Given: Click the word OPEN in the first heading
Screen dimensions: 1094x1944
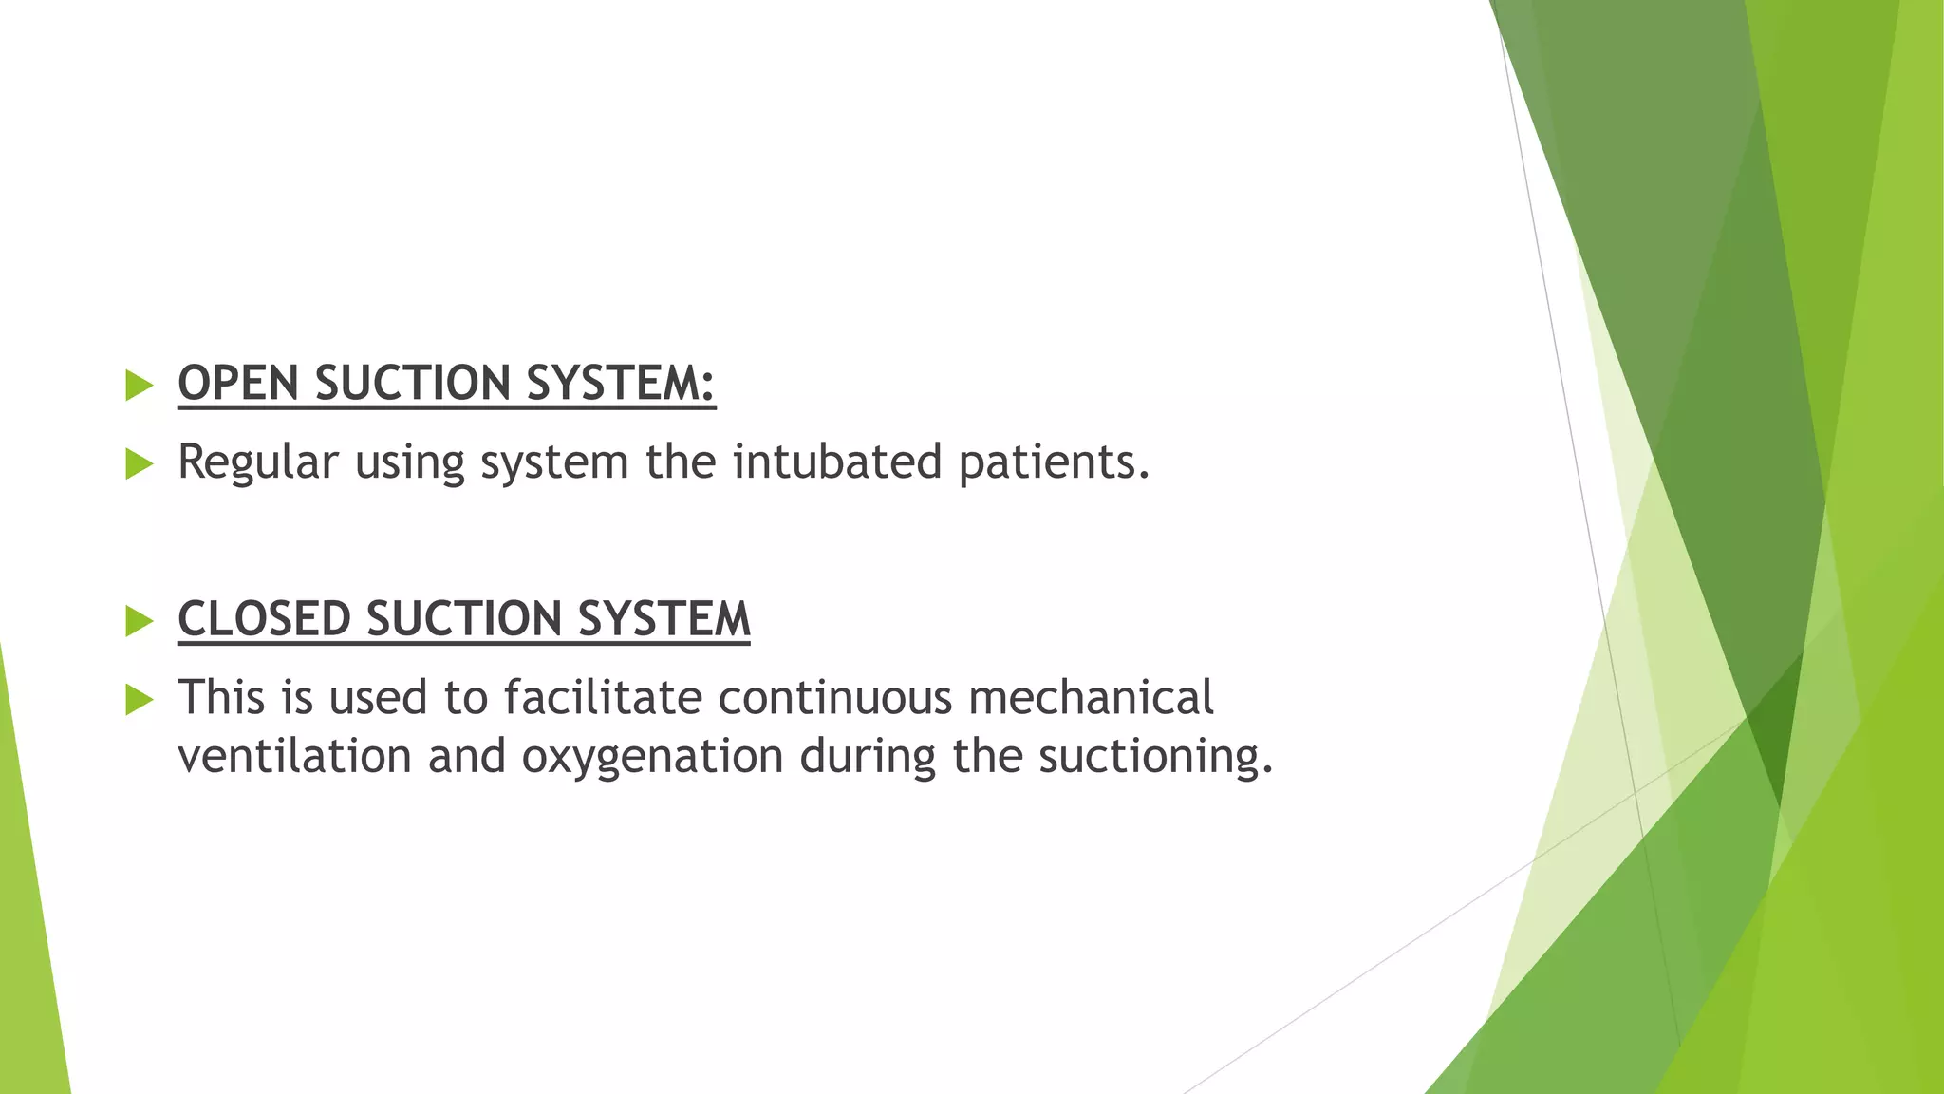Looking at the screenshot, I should tap(238, 383).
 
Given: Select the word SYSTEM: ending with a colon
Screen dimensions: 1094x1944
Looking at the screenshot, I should tap(621, 383).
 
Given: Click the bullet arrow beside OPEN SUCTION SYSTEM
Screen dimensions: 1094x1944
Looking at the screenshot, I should tap(139, 386).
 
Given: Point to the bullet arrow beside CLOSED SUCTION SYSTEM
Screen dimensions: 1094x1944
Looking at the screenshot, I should tap(139, 621).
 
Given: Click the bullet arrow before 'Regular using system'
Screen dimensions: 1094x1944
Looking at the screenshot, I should tap(139, 464).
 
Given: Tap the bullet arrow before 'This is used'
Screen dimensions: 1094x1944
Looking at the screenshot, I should tap(139, 700).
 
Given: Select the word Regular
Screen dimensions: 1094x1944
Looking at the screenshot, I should tap(258, 462).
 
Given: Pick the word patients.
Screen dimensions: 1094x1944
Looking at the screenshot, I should tap(1054, 462).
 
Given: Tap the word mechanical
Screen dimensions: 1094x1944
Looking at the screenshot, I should tap(1091, 698).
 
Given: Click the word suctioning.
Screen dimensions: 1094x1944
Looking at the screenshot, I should tap(1154, 757).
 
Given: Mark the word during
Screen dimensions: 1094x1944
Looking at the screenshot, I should tap(868, 757).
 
